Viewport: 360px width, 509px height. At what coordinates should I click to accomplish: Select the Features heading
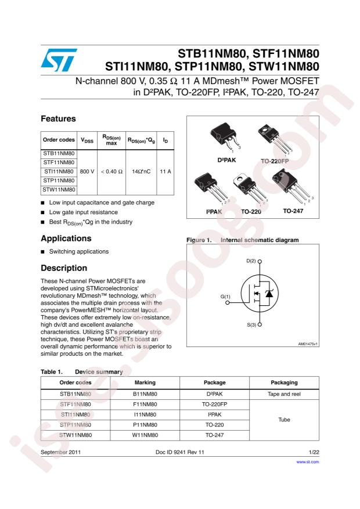pos(59,118)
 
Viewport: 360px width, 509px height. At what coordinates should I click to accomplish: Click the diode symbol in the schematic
pos(268,294)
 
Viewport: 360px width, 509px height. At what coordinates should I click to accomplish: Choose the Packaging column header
pos(285,382)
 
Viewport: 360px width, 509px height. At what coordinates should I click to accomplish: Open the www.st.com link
pos(308,463)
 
